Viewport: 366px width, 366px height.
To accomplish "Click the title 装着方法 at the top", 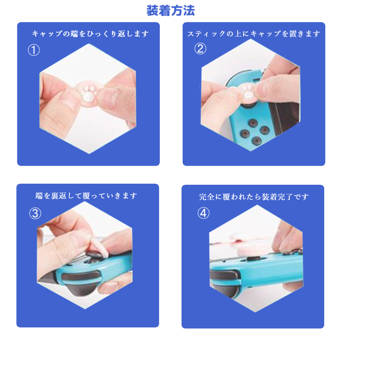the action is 170,11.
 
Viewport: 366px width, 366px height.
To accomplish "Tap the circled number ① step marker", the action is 34,50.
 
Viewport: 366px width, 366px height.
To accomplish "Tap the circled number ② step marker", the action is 200,49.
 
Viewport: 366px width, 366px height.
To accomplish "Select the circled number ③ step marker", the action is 35,213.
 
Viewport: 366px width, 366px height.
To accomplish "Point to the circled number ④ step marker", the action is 203,213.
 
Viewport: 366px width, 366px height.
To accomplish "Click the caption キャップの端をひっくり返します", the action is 90,34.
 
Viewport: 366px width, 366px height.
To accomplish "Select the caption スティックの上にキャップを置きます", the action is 254,34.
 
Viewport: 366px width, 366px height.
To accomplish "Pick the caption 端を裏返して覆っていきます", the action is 86,196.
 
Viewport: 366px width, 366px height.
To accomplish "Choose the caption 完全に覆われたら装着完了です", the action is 254,197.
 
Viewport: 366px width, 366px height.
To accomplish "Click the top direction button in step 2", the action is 253,123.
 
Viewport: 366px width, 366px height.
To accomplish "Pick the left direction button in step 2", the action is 245,133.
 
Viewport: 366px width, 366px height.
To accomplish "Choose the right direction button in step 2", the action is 264,129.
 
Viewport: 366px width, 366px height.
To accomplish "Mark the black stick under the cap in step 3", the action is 93,255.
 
